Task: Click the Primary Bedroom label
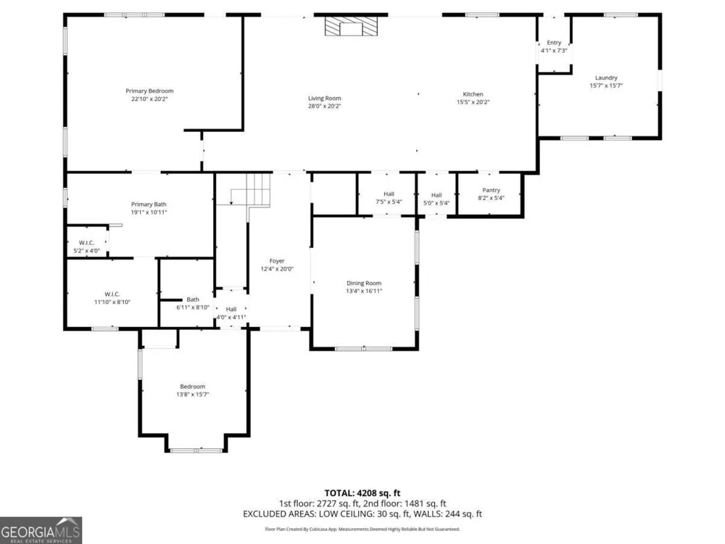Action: [x=149, y=91]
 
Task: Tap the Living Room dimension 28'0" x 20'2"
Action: [x=325, y=106]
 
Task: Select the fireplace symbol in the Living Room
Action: [x=350, y=26]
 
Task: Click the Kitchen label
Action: [x=473, y=94]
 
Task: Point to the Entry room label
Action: [x=554, y=43]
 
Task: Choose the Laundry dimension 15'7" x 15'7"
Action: [x=606, y=86]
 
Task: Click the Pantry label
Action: [x=491, y=190]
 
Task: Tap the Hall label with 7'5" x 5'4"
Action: [x=389, y=194]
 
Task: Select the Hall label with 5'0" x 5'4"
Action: [x=436, y=195]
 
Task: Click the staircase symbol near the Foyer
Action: [x=249, y=189]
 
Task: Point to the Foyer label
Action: [x=277, y=261]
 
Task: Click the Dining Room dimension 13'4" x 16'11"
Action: [x=364, y=291]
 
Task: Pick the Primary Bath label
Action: [x=149, y=205]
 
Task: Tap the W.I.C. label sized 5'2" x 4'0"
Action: [x=86, y=243]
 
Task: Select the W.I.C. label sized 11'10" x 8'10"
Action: [x=112, y=294]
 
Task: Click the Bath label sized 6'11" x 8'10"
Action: [x=193, y=300]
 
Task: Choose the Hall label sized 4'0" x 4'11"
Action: [x=231, y=309]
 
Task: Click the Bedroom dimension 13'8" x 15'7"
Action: [x=192, y=395]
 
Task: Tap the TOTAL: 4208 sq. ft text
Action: [x=362, y=493]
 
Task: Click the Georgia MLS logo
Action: [x=41, y=531]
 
